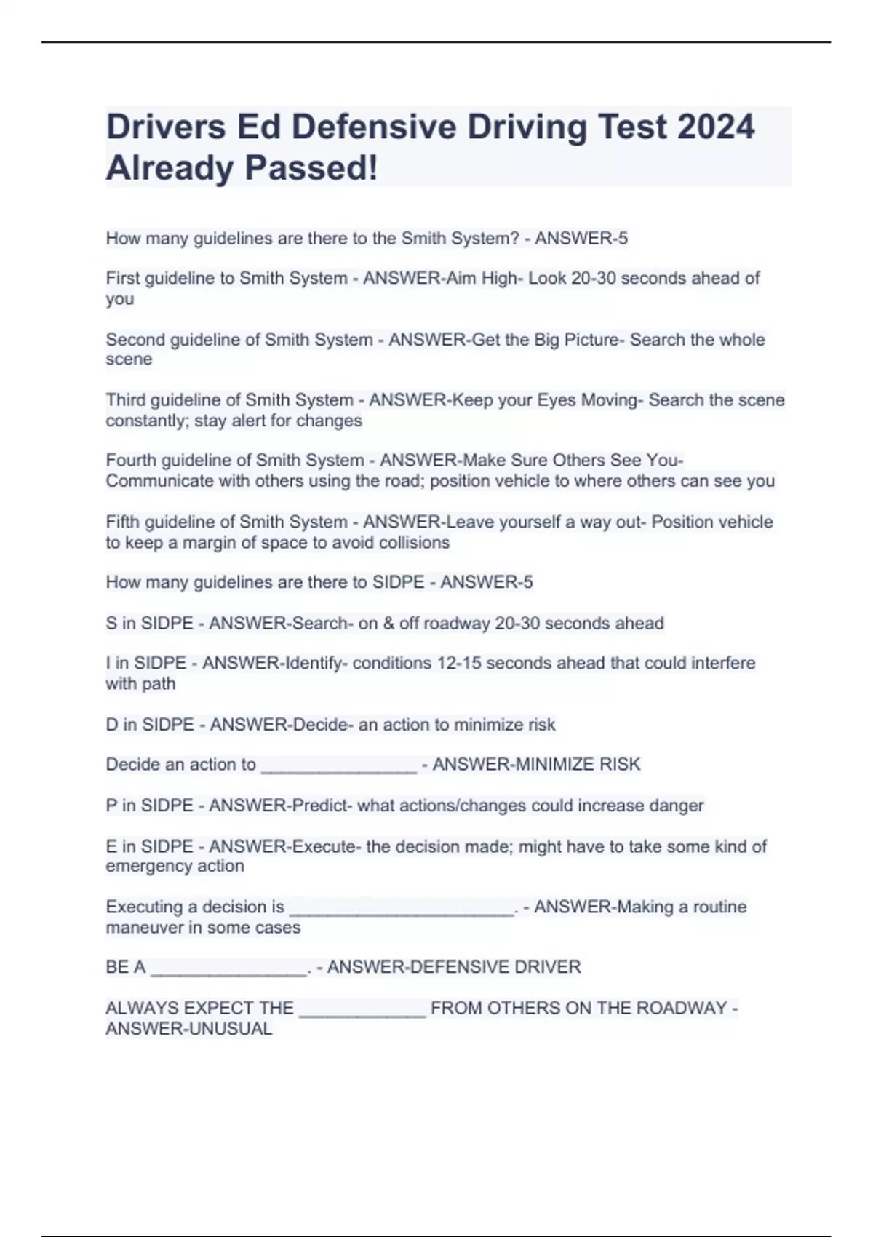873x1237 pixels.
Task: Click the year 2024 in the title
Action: coord(716,127)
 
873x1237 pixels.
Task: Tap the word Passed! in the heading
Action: coord(311,168)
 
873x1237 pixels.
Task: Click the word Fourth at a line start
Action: coord(132,461)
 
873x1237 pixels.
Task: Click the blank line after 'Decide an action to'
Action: coord(338,766)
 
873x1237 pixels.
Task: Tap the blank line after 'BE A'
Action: coord(228,969)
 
